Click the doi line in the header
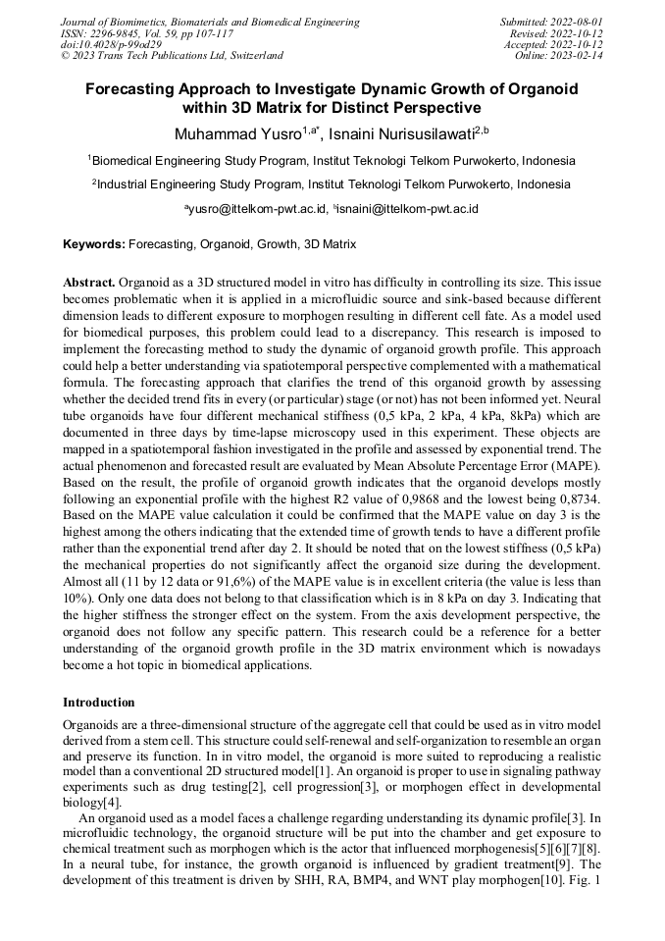112,45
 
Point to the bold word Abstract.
90,282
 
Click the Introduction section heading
99,703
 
